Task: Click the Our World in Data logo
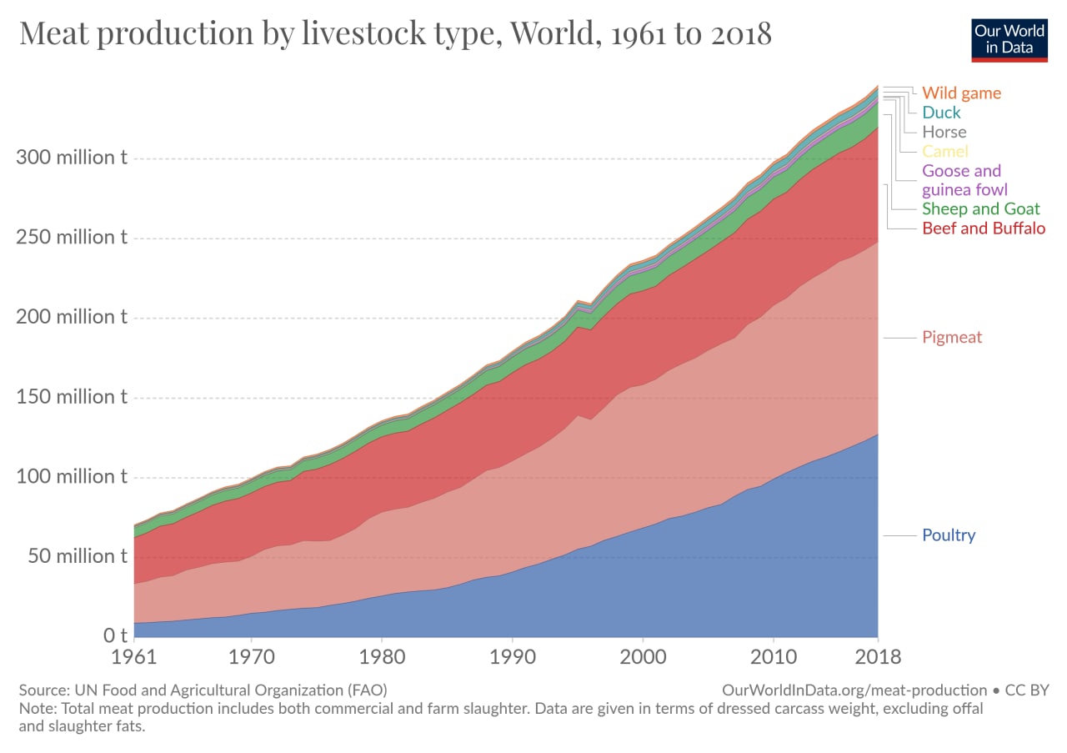click(x=1009, y=38)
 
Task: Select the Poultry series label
click(x=949, y=535)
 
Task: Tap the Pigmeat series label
click(x=952, y=337)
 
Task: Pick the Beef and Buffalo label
click(x=984, y=228)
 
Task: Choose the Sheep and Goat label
click(x=981, y=208)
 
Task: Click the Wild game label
click(x=961, y=93)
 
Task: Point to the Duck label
click(x=941, y=113)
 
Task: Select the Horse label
click(x=944, y=132)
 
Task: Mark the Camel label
click(x=945, y=151)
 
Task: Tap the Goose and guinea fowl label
click(x=962, y=180)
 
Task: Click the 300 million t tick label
click(x=72, y=158)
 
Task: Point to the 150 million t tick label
click(x=72, y=397)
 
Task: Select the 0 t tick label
click(x=115, y=636)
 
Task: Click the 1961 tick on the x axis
click(x=134, y=657)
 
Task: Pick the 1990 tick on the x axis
click(x=513, y=657)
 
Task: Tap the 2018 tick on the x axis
click(x=878, y=657)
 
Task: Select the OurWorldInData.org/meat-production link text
click(x=854, y=690)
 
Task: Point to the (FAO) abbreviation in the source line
click(x=366, y=690)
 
